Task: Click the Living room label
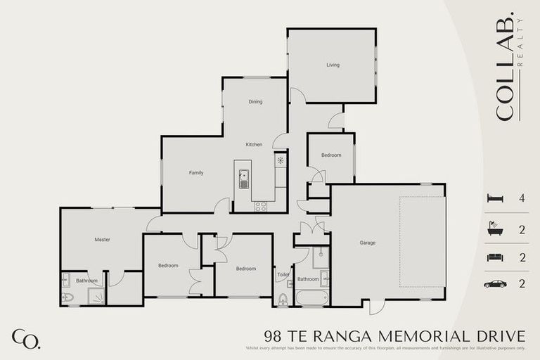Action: (x=333, y=65)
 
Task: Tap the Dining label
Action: (x=255, y=102)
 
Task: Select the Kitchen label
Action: (x=254, y=145)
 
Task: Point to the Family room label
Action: (x=196, y=172)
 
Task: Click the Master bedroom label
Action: (x=102, y=240)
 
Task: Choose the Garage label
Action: (x=367, y=243)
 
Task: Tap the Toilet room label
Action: (x=282, y=275)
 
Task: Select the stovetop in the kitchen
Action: (x=260, y=206)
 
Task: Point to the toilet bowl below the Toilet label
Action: (x=283, y=300)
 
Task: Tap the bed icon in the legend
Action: (x=495, y=199)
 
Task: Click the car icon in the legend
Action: (x=495, y=284)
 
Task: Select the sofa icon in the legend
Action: (x=495, y=257)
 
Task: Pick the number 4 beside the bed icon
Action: (x=522, y=199)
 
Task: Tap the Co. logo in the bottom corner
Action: (x=26, y=338)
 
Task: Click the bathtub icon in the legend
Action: (x=495, y=229)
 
